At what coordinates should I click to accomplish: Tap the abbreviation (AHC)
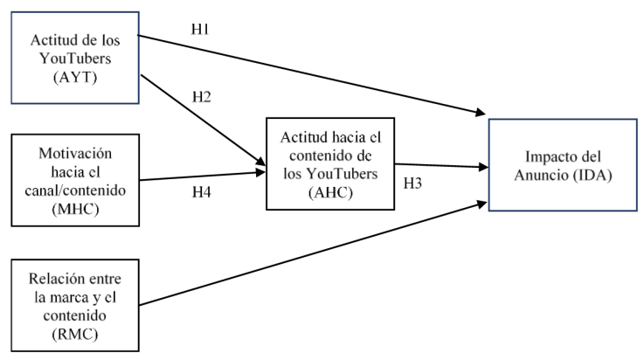(x=331, y=194)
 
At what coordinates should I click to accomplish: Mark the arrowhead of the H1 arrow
(x=481, y=113)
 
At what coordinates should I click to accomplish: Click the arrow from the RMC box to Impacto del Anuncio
(x=315, y=253)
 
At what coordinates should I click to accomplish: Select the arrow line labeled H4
(x=201, y=177)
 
